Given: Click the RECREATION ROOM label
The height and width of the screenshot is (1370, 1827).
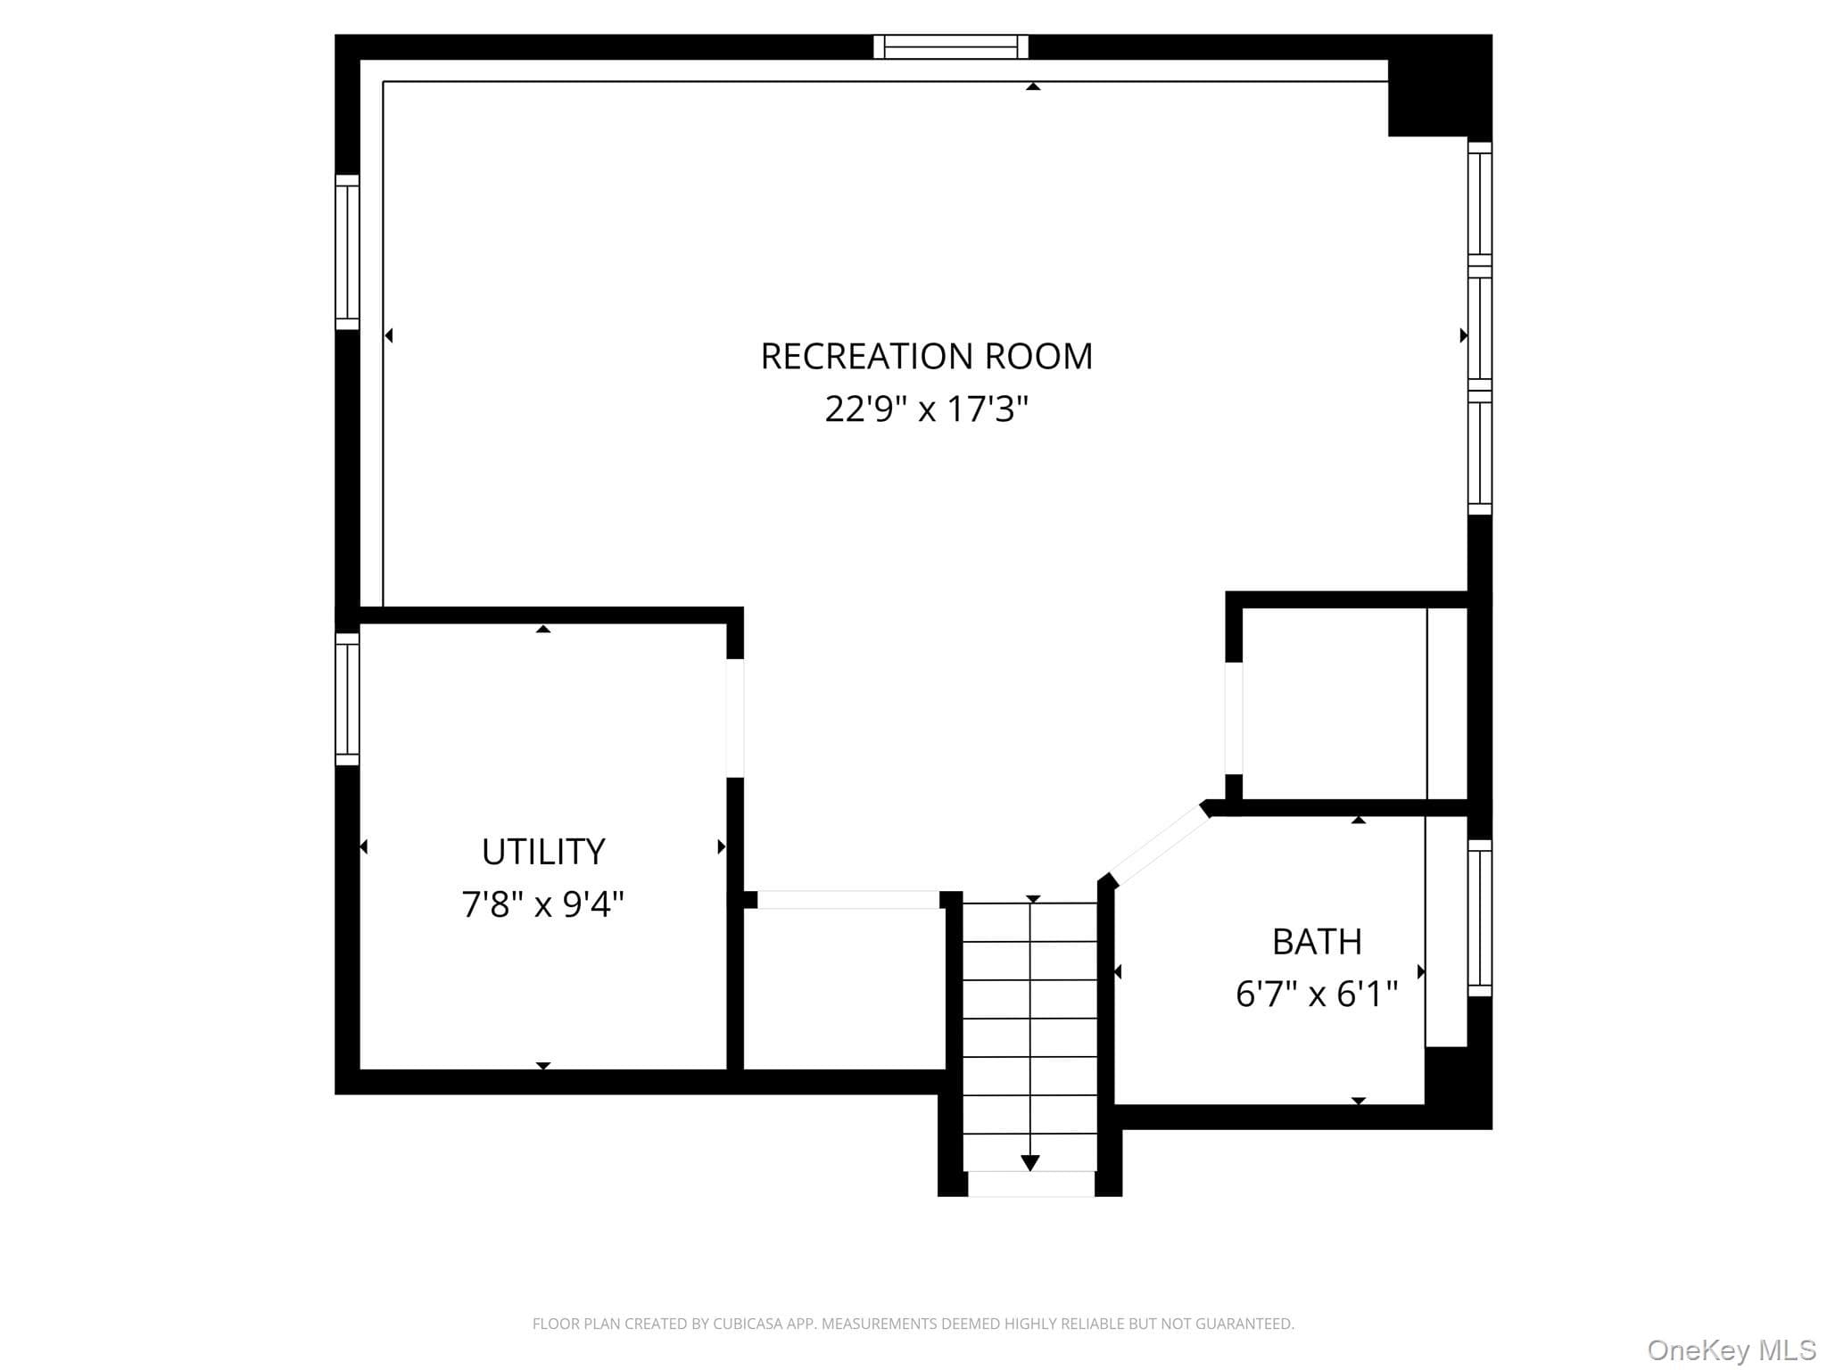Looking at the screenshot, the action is (x=926, y=356).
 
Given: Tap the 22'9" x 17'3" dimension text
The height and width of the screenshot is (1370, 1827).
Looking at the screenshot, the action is (x=926, y=409).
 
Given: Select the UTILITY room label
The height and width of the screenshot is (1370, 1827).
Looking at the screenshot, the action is (x=543, y=852).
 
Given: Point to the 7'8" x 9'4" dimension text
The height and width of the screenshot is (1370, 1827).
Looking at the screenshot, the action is (x=542, y=904).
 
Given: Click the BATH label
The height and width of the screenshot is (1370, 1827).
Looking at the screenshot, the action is (x=1317, y=942).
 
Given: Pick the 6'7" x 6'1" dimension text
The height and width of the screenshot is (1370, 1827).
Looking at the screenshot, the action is (x=1317, y=994).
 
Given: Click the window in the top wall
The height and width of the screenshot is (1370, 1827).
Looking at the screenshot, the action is (x=951, y=46).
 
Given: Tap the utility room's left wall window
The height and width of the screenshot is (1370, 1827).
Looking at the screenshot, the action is (x=347, y=699).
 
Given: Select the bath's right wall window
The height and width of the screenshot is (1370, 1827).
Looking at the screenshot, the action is (x=1480, y=918).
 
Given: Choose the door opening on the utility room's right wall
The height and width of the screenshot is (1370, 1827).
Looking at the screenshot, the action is (x=735, y=718).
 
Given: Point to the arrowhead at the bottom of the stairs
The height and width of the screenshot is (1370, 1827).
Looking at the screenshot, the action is (x=1030, y=1163).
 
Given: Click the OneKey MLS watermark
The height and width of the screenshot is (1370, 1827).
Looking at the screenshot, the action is (x=1732, y=1350).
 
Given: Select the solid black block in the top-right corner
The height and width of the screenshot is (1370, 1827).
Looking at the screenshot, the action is (x=1440, y=86).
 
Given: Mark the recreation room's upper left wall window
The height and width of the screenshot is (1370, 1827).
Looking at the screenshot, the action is (x=347, y=252).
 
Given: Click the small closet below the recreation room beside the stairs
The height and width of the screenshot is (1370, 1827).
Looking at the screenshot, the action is (x=844, y=989).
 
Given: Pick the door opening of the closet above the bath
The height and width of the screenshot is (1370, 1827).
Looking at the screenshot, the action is (x=1234, y=718).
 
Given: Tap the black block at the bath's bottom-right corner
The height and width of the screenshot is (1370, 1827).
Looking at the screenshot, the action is (x=1458, y=1087).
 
